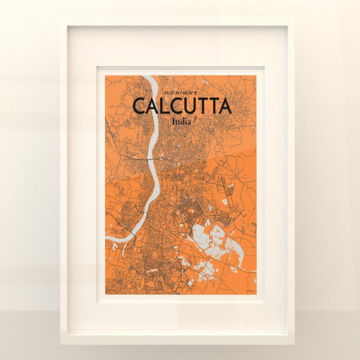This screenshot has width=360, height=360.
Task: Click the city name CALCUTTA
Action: [x=181, y=106]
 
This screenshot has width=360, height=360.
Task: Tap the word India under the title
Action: [x=181, y=121]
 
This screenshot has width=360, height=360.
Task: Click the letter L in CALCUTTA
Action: [x=163, y=106]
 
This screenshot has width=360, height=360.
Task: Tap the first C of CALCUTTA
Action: [x=139, y=106]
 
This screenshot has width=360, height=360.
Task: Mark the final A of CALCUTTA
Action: [x=224, y=106]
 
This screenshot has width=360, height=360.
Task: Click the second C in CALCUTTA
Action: [x=176, y=106]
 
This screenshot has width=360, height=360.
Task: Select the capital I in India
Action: [x=173, y=121]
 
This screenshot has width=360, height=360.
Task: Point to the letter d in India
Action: [x=182, y=121]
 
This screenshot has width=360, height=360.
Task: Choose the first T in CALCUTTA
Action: [x=204, y=106]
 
